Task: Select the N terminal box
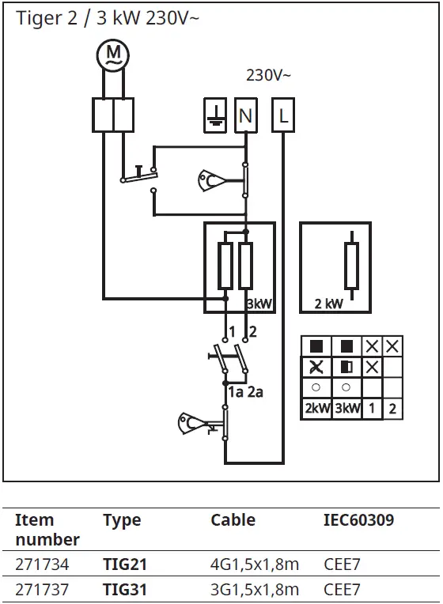tap(246, 116)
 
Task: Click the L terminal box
tap(283, 116)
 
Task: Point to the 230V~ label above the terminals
tap(268, 76)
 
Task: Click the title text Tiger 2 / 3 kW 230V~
tap(108, 18)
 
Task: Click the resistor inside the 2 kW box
tap(351, 266)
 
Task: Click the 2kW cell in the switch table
tap(316, 410)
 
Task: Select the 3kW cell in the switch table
tap(346, 410)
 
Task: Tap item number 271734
tap(42, 565)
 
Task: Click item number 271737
tap(42, 590)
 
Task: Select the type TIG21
tap(125, 565)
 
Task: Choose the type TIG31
tap(125, 590)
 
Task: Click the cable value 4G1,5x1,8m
tap(255, 565)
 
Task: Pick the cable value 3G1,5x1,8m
tap(255, 590)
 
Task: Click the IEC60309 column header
tap(358, 520)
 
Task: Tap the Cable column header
tap(233, 520)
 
